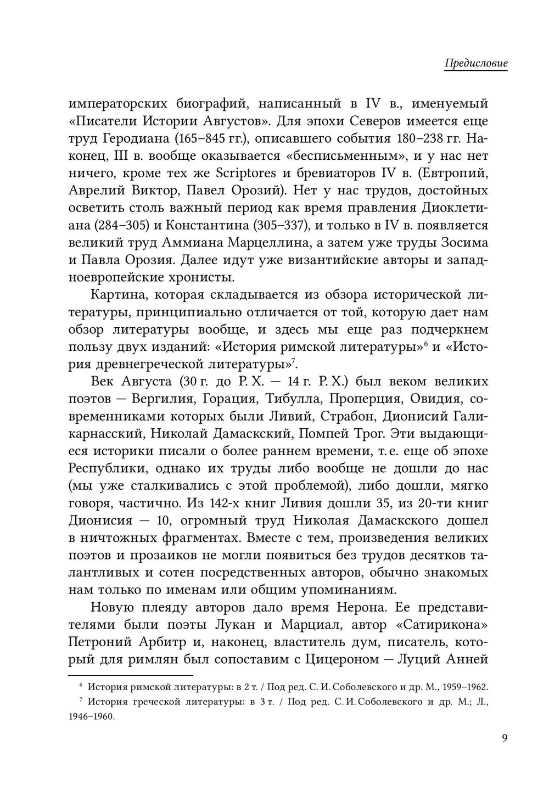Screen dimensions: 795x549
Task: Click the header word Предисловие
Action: (475, 63)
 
